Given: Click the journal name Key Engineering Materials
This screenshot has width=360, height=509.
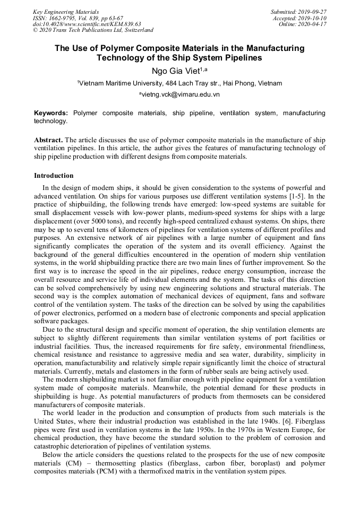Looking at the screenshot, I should click(x=66, y=11).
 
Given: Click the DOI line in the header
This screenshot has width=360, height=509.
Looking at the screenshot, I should click(x=87, y=24).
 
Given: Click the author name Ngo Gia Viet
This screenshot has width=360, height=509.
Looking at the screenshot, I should click(x=175, y=72).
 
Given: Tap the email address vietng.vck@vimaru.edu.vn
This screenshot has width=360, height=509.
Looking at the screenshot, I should click(x=181, y=94).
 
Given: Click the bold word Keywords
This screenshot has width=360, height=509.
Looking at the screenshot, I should click(x=51, y=113).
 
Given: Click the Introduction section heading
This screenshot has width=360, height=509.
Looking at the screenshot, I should click(x=54, y=176).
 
